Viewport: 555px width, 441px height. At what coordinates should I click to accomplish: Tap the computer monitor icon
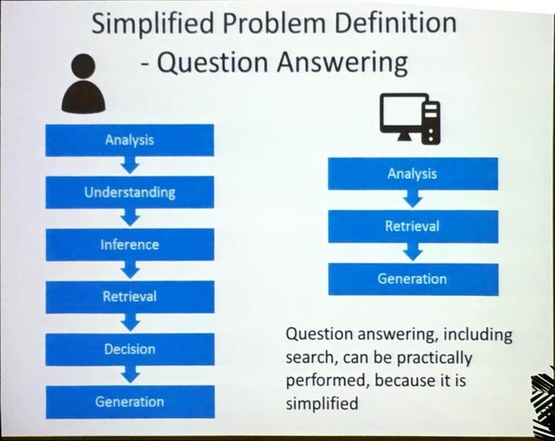pos(410,119)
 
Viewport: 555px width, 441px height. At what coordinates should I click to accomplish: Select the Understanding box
pos(130,193)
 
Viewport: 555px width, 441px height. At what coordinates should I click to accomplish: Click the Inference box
pos(130,245)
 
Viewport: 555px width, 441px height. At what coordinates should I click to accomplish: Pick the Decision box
pos(130,350)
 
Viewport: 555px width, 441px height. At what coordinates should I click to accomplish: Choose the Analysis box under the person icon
pos(130,140)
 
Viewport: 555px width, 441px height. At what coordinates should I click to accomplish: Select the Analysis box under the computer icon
pos(413,174)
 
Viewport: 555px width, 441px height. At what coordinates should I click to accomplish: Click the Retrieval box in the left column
pos(130,297)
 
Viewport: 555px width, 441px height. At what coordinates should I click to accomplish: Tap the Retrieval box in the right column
pos(413,226)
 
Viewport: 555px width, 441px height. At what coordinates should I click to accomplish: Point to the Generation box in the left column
pos(130,402)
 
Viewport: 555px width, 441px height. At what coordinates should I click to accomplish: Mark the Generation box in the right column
pos(413,280)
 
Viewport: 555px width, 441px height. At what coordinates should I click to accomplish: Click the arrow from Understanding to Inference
pos(131,218)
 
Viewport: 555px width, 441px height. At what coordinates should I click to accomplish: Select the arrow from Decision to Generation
pos(131,374)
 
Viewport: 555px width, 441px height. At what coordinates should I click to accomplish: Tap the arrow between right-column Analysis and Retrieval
pos(412,199)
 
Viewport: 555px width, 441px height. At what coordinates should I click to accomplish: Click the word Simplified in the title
pos(153,24)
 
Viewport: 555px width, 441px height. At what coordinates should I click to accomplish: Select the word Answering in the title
pos(342,63)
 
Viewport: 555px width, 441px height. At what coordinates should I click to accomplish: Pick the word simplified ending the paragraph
pos(322,403)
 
